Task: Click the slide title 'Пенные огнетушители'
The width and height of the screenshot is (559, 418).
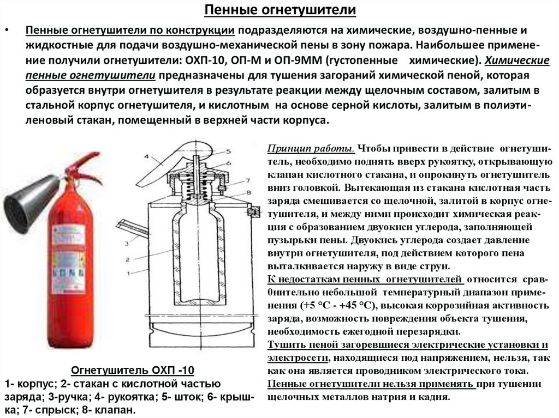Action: point(279,10)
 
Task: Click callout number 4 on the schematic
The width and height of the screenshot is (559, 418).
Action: point(146,157)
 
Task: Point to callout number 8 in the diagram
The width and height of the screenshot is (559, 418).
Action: point(248,192)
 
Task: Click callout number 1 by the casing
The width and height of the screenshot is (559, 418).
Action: point(127,272)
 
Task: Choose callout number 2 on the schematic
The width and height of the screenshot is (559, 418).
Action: point(127,258)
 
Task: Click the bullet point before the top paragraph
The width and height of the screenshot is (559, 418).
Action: point(7,29)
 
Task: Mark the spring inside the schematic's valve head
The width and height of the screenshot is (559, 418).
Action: point(195,185)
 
